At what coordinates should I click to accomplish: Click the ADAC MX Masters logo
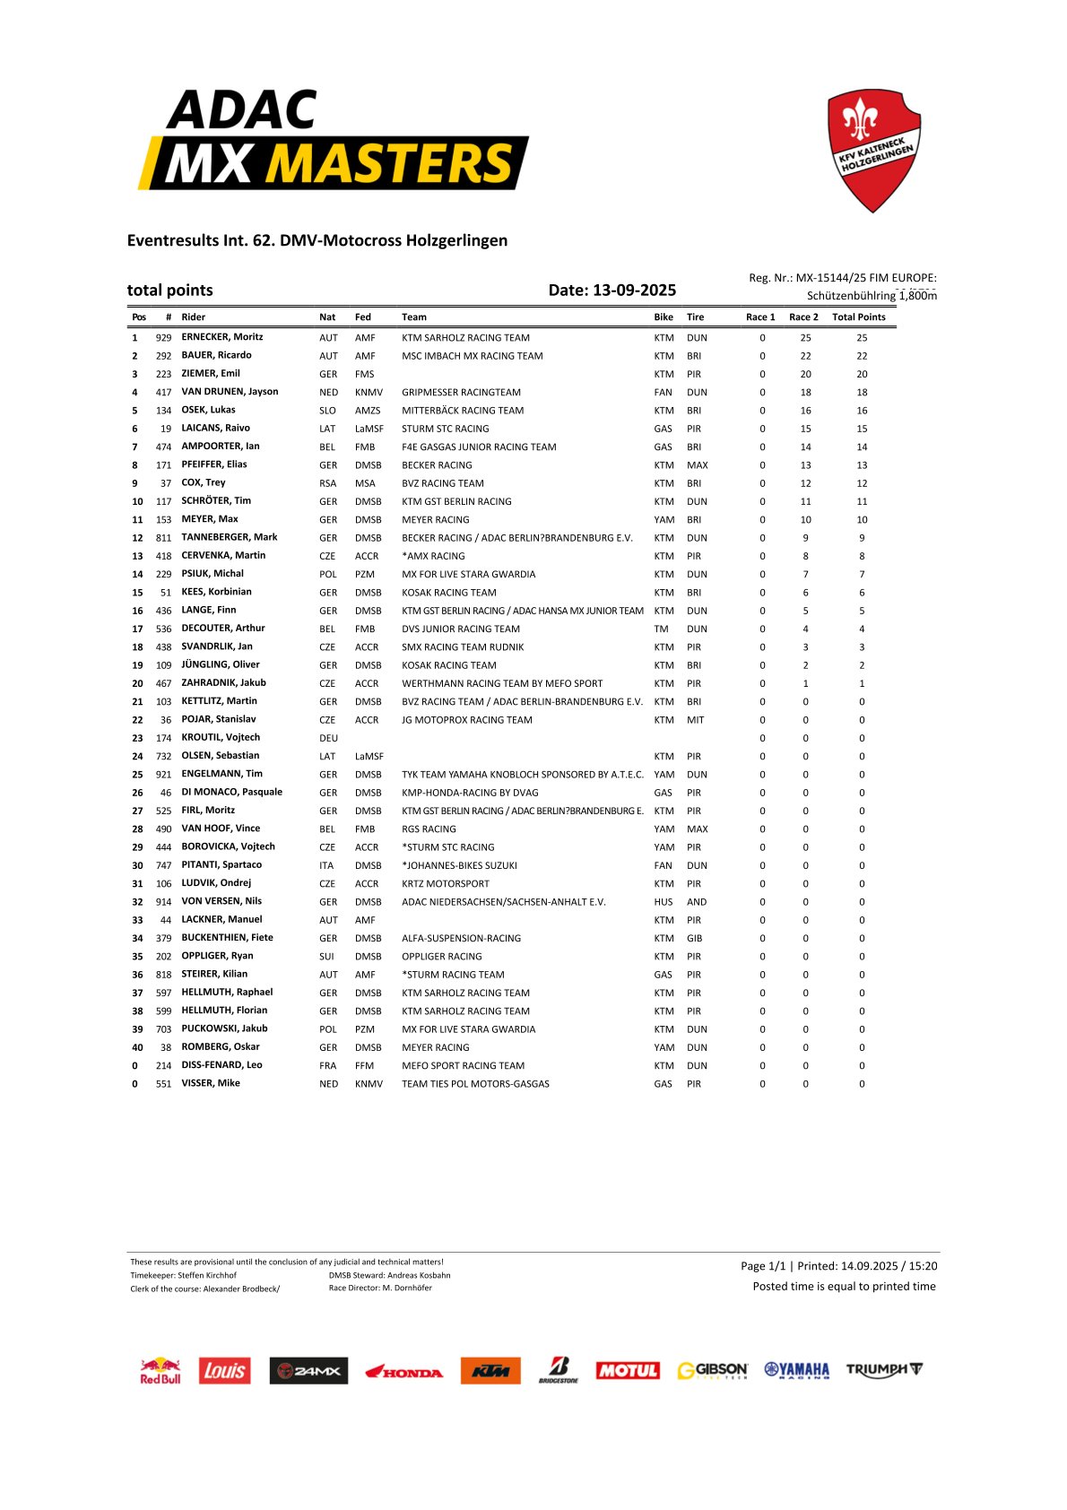pos(333,141)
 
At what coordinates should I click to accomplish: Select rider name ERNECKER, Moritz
pos(222,337)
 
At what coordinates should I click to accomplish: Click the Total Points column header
pos(858,317)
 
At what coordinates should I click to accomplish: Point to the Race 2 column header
pos(803,317)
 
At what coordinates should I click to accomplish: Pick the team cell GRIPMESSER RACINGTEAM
pos(461,392)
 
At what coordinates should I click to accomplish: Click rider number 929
pos(163,338)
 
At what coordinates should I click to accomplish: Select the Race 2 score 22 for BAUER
pos(805,356)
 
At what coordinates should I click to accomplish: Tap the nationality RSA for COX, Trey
pos(328,483)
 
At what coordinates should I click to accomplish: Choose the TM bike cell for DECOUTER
pos(661,629)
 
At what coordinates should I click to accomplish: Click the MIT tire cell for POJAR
pos(695,720)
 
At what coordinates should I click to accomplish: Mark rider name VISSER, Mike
pos(211,1083)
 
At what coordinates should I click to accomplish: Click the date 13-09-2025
pos(634,290)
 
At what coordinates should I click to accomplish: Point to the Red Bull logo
pos(160,1370)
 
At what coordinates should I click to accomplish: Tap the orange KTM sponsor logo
pos(490,1370)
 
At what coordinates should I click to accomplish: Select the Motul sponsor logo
pos(628,1370)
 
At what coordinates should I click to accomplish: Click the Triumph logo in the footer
pos(883,1369)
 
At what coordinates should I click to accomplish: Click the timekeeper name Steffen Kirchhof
pos(207,1275)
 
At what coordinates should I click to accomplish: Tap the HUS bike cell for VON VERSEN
pos(664,902)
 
